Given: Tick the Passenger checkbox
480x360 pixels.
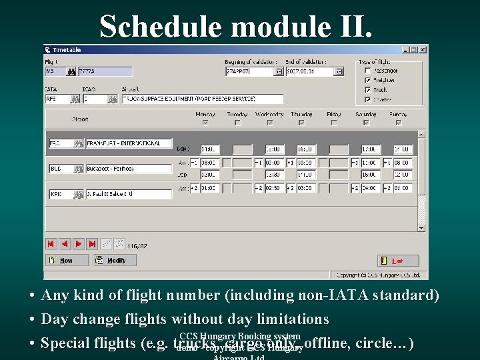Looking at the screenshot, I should click(368, 70).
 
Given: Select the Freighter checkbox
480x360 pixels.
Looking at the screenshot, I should click(368, 80).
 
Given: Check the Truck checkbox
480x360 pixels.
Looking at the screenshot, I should click(368, 89).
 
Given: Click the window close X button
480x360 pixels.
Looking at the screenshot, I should click(423, 49).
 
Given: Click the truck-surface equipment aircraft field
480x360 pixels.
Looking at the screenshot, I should click(203, 98).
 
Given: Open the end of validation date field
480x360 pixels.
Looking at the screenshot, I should click(310, 71).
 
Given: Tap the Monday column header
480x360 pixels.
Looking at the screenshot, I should click(205, 114).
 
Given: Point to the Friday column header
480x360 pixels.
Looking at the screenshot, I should click(334, 114).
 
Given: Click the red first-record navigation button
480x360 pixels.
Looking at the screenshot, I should click(51, 244).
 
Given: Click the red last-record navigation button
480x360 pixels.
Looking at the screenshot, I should click(92, 244).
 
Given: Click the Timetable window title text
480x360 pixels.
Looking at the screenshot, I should click(67, 50).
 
